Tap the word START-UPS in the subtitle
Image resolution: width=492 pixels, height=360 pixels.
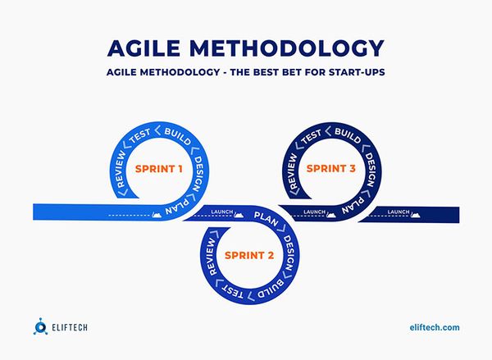[x=353, y=72]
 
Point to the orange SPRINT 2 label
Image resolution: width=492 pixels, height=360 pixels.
[x=248, y=255]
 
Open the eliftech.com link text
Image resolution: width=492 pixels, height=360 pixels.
[x=434, y=327]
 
